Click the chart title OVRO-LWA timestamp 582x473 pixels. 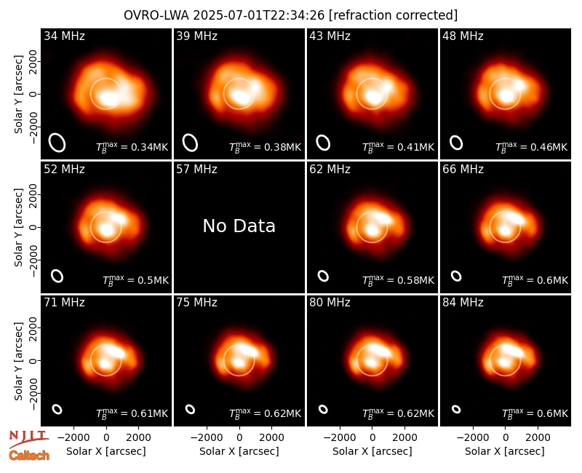pos(290,15)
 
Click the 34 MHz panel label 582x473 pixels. pos(64,36)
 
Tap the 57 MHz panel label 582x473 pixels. pos(196,170)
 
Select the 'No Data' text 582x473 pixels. pos(239,226)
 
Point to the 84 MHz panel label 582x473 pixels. pos(463,303)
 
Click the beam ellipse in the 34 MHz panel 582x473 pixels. pos(57,143)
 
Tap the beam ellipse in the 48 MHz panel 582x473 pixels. pos(456,143)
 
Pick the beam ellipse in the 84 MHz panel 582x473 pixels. pos(456,409)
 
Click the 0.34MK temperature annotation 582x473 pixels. pos(132,147)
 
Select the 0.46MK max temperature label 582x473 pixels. pos(532,147)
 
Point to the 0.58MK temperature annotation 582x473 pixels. pos(398,280)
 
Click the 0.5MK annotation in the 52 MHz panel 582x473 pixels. pos(135,280)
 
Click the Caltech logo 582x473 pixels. pos(29,456)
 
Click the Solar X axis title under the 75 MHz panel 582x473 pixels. pos(239,451)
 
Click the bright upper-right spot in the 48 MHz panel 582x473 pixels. pos(519,85)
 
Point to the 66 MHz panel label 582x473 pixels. pos(463,170)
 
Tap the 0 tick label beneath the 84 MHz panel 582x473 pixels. pos(505,438)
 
